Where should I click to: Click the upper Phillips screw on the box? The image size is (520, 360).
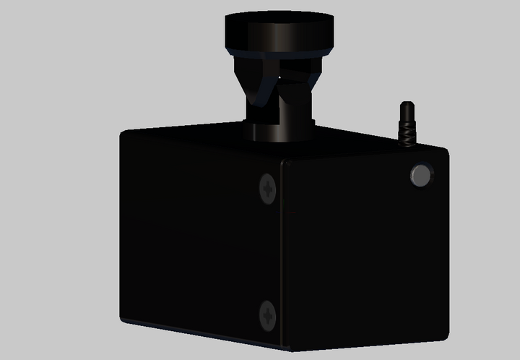click(x=268, y=189)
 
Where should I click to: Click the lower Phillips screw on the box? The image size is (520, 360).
click(x=267, y=314)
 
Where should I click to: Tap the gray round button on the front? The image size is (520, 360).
click(x=420, y=176)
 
